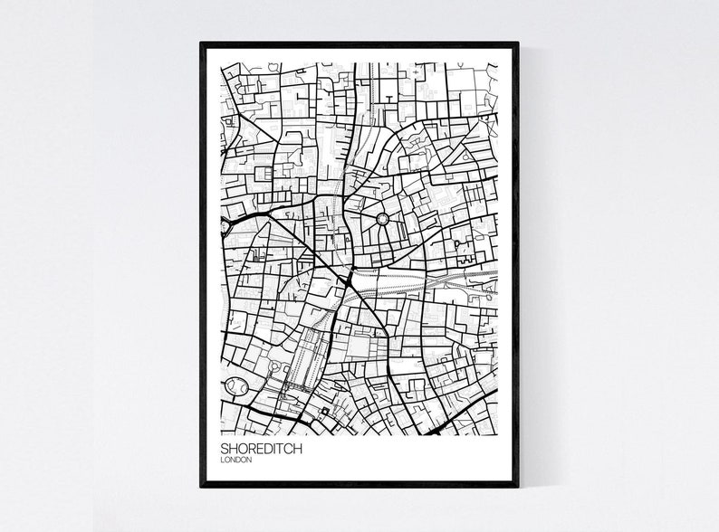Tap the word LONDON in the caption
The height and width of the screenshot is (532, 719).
[x=235, y=460]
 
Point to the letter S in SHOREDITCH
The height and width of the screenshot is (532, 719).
[x=223, y=448]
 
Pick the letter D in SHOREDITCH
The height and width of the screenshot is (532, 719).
[x=257, y=448]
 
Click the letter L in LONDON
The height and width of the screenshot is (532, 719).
[x=222, y=460]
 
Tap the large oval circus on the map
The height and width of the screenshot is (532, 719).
[x=237, y=386]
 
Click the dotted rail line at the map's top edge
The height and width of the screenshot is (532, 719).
[x=371, y=77]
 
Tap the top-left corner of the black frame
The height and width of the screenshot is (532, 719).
[x=201, y=43]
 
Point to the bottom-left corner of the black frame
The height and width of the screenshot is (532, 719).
[x=201, y=486]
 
